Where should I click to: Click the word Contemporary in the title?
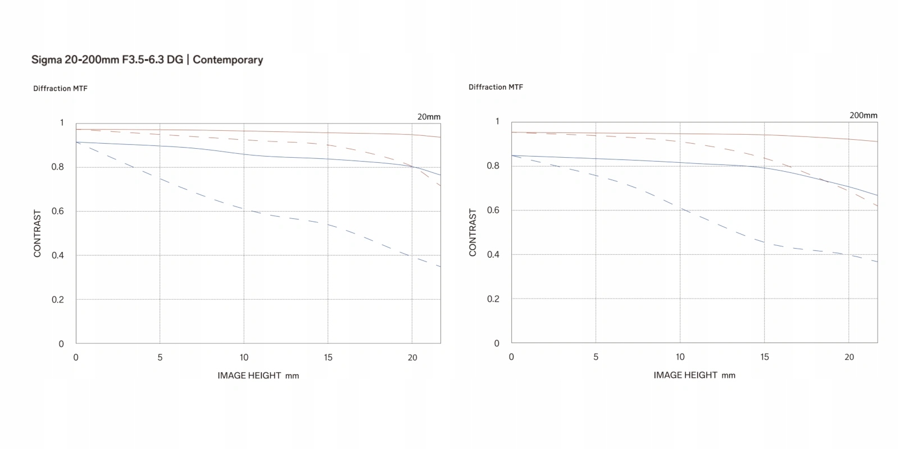(x=228, y=60)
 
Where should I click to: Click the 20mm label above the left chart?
(x=429, y=117)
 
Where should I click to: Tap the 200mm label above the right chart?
(x=863, y=115)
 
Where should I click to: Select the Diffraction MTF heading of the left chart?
(x=60, y=89)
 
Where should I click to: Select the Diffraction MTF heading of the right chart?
(x=496, y=87)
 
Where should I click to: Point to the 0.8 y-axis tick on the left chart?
(x=58, y=167)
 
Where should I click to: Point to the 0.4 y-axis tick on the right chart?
(x=493, y=254)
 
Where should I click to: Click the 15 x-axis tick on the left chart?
(x=328, y=358)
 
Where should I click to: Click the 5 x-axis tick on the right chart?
(x=596, y=357)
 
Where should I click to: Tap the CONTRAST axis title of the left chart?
(x=38, y=233)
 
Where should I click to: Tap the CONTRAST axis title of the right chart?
(x=473, y=232)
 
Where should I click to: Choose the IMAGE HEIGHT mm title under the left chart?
(x=258, y=375)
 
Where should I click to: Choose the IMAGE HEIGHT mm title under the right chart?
(x=694, y=375)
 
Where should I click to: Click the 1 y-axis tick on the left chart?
(x=62, y=122)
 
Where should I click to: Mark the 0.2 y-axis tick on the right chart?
(x=493, y=299)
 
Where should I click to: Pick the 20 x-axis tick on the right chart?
(x=849, y=357)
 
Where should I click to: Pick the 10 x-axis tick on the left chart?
(x=244, y=358)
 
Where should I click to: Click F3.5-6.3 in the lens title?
(x=144, y=60)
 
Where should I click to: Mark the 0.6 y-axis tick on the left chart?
(x=58, y=211)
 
